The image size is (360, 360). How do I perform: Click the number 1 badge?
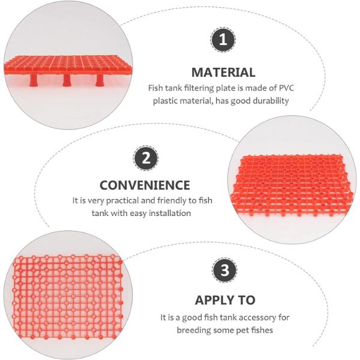tap(223, 40)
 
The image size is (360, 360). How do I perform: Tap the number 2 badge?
tap(146, 158)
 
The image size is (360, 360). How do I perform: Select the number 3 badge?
tap(225, 270)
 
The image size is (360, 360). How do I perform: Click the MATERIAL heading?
tap(223, 73)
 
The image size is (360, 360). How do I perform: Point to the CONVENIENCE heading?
tap(145, 185)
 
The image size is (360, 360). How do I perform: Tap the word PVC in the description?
tap(286, 88)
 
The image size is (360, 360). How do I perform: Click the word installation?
tap(170, 213)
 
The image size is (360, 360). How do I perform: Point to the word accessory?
tap(255, 318)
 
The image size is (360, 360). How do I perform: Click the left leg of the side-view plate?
tap(34, 80)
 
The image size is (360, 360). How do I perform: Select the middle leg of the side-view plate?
tap(67, 80)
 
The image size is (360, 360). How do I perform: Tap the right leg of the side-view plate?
tap(100, 80)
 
